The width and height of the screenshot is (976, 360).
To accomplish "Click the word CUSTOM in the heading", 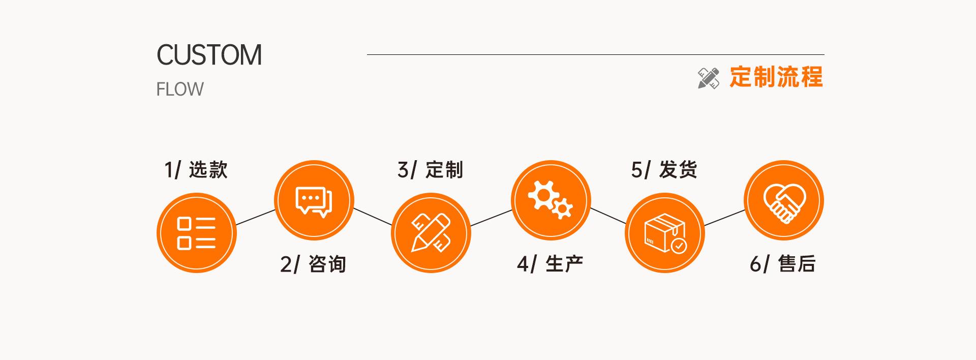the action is (x=209, y=55).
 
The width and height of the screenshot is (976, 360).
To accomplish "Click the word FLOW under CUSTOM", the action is (x=179, y=89).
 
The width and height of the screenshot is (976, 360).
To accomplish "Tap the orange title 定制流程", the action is (x=776, y=77).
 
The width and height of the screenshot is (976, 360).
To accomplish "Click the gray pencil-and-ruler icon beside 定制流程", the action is (x=709, y=78).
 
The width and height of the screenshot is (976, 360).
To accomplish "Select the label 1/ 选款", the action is (x=196, y=170).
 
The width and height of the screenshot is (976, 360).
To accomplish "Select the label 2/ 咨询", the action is (x=313, y=264).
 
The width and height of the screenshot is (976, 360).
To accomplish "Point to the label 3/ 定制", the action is (x=430, y=170).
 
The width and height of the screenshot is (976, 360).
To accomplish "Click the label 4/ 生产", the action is (x=550, y=264).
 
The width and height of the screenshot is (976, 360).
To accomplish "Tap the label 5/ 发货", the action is (x=664, y=170).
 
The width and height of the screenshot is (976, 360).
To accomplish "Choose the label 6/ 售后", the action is (x=783, y=264).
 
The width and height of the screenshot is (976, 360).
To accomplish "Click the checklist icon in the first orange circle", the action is (x=196, y=233).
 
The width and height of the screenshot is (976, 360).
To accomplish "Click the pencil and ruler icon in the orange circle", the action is (x=431, y=233).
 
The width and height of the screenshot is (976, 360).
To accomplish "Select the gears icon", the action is (x=551, y=200).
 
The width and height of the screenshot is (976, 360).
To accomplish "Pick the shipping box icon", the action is (x=664, y=233).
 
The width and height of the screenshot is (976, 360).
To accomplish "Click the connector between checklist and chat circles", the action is (x=256, y=217).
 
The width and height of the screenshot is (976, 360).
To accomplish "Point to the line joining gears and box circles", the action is (x=608, y=216).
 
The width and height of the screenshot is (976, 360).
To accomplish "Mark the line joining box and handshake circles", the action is (x=724, y=217).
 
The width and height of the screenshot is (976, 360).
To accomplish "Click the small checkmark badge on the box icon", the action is (x=679, y=246).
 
